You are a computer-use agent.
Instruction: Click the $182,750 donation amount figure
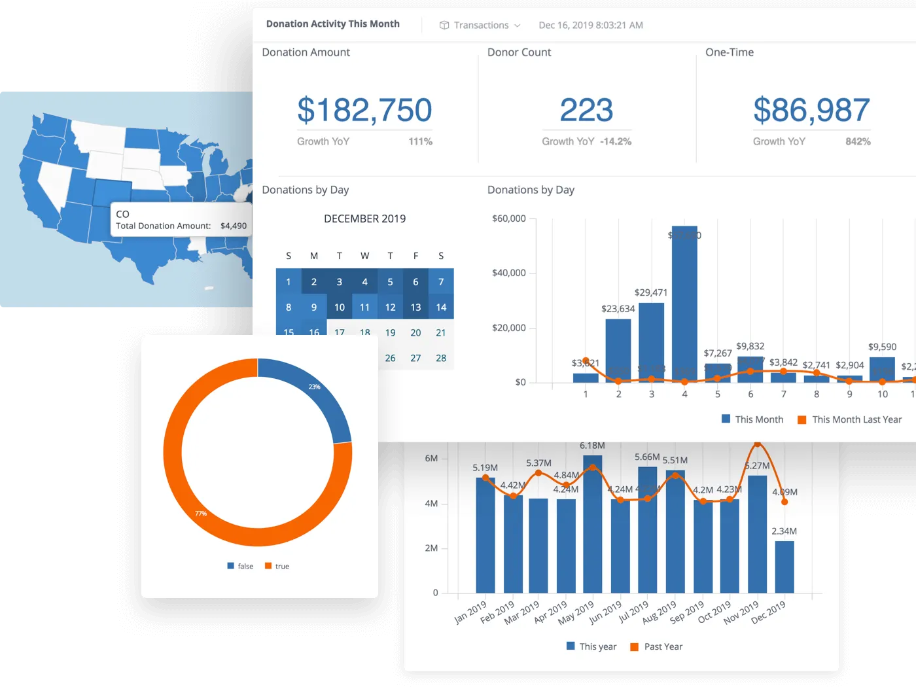click(364, 110)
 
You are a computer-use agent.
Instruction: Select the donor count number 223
click(586, 110)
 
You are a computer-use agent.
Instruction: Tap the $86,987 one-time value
click(811, 110)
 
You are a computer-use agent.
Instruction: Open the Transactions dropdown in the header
click(481, 26)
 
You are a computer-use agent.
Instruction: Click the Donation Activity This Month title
click(332, 24)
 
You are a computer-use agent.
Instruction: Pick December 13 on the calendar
click(415, 308)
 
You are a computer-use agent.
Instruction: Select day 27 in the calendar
click(415, 359)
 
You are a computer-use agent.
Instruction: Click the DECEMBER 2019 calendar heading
click(364, 219)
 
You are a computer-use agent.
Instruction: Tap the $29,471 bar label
click(650, 292)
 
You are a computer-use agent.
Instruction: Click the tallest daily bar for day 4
click(684, 308)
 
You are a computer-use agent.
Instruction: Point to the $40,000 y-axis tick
click(509, 273)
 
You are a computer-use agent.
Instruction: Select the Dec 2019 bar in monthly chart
click(784, 567)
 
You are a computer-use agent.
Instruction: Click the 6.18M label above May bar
click(592, 446)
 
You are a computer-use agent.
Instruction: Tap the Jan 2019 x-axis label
click(470, 612)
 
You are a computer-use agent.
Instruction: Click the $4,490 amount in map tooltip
click(234, 226)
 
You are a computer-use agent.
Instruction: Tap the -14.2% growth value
click(616, 142)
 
